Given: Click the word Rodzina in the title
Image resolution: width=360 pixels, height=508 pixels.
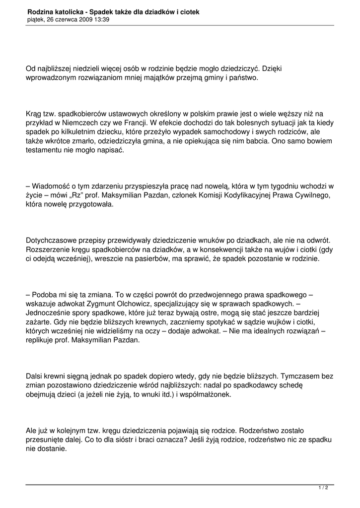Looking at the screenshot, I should point(41,11).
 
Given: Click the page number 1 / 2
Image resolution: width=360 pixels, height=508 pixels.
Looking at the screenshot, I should point(323,488).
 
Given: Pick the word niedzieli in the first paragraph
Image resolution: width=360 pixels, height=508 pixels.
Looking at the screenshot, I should point(86,68).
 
